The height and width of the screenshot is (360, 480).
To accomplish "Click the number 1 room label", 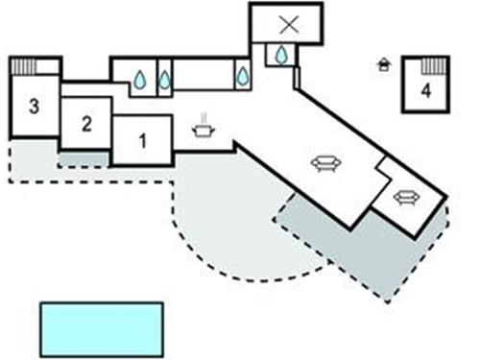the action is point(143,140).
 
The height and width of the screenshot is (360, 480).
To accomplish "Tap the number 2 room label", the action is point(86,123).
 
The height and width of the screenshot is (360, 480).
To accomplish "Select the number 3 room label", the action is point(34,106).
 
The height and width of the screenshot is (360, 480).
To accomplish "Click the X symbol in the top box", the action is point(285,25).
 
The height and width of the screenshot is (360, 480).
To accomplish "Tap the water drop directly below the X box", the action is point(281,56).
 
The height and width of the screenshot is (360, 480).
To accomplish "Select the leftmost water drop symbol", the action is point(140,81).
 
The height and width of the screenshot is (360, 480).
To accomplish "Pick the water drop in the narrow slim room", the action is point(164,81).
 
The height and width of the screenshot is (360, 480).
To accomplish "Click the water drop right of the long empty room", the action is point(243,75).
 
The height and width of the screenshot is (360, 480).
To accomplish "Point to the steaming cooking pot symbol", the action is point(204,131).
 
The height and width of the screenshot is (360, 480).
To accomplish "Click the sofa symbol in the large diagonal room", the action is point(326,163).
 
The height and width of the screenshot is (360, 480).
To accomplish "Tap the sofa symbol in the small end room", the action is point(407,197).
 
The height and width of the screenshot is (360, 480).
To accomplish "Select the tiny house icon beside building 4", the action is point(385,65).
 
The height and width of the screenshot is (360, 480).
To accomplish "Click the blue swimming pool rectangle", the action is point(101,329).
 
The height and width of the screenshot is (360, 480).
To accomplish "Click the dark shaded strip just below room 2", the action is point(84,157).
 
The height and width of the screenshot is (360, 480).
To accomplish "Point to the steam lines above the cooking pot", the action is point(204,118).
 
